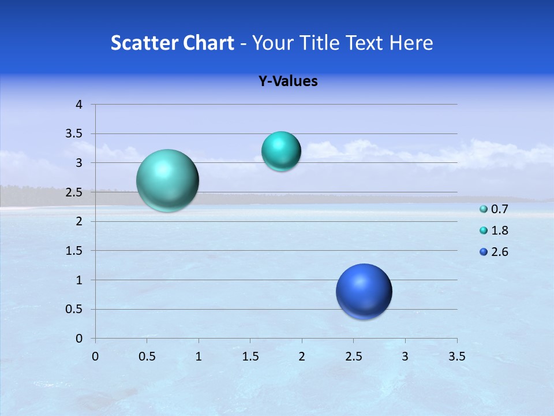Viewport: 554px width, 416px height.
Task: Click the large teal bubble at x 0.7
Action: [x=167, y=180]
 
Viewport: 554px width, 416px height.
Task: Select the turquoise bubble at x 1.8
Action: [x=281, y=151]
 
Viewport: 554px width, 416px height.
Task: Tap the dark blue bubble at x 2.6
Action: [x=364, y=291]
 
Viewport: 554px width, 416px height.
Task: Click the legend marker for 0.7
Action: [x=484, y=209]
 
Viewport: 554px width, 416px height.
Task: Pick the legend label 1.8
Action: [x=499, y=231]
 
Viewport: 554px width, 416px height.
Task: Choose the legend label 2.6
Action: [x=499, y=252]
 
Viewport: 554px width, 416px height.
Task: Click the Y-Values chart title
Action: [x=288, y=81]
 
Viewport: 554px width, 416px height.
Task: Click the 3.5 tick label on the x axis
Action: [x=456, y=356]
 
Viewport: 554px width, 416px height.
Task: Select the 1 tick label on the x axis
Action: [x=199, y=356]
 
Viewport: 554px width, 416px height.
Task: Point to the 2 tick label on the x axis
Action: [x=302, y=356]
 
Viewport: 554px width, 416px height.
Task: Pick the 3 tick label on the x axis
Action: [x=405, y=356]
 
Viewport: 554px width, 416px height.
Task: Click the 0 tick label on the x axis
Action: [x=95, y=356]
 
